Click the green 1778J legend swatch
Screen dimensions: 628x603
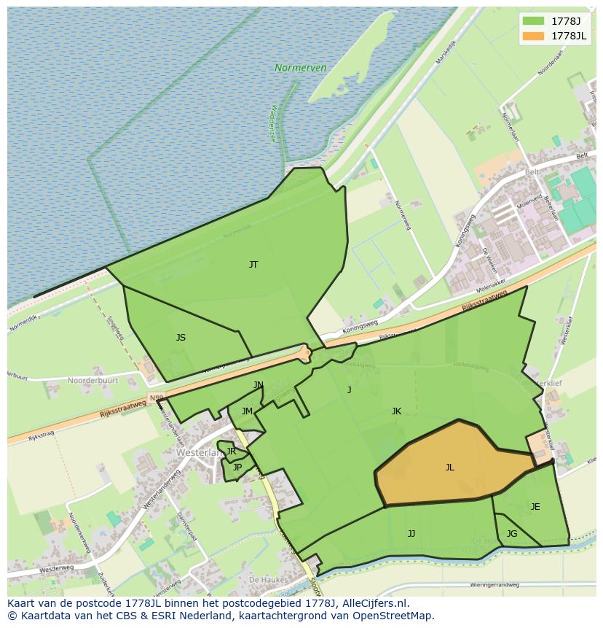(533, 21)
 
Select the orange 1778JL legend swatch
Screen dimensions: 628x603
(533, 36)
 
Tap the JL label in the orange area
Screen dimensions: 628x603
(449, 468)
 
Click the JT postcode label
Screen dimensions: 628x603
(253, 265)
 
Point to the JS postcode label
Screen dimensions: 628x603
(181, 338)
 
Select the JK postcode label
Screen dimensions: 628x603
(396, 411)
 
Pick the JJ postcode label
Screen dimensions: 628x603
(411, 534)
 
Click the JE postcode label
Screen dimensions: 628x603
(535, 507)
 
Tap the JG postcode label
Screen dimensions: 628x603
(512, 534)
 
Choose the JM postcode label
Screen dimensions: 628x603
(247, 411)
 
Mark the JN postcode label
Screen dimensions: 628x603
(259, 385)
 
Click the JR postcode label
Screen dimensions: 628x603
(231, 451)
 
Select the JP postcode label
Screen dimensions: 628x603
(237, 468)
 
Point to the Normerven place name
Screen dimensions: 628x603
(301, 68)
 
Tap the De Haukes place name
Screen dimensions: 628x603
(266, 578)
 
